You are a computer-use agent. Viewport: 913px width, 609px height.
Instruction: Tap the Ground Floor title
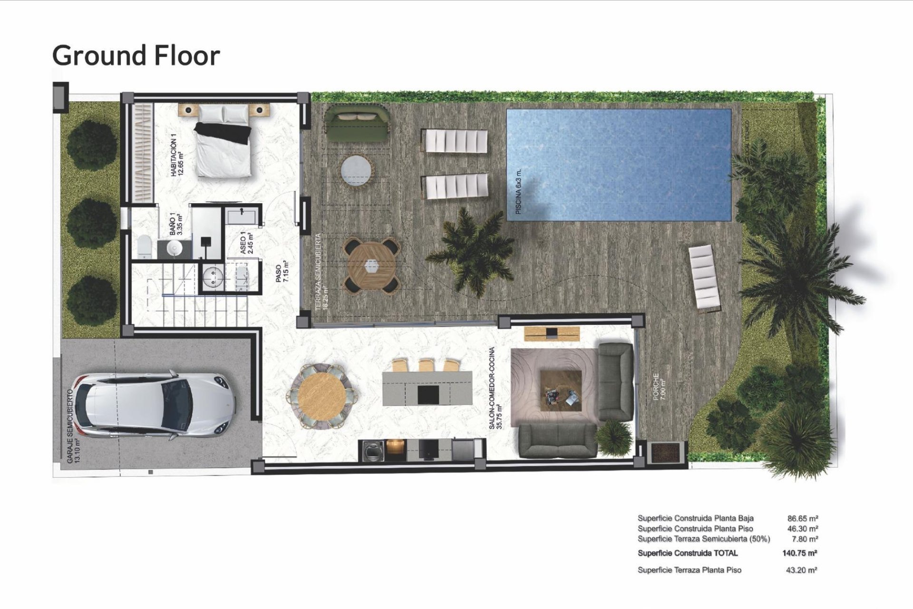136,55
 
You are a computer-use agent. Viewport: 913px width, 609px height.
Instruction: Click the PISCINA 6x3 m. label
518,191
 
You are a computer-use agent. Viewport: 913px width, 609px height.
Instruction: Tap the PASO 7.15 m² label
282,272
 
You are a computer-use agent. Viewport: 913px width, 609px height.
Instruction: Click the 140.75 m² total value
799,553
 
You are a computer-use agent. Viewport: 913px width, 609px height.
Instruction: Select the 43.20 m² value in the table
801,570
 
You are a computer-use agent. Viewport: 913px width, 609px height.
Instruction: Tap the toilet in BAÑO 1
144,246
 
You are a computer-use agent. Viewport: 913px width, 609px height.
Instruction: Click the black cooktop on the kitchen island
428,394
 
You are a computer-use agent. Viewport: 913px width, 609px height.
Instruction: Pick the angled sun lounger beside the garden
705,277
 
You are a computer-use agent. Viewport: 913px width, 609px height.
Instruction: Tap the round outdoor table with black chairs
371,265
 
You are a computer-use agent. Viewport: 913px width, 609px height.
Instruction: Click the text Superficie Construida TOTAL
688,553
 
